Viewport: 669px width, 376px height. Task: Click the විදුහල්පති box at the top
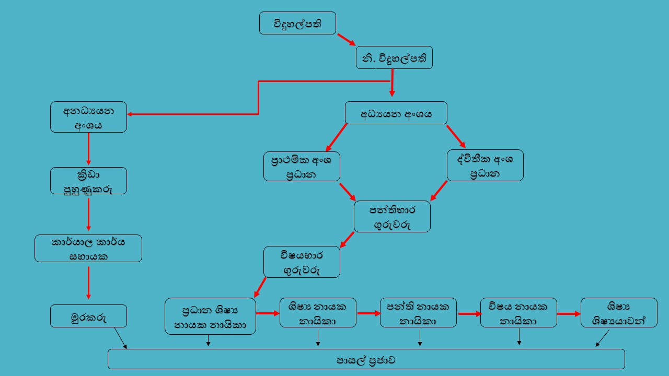point(297,23)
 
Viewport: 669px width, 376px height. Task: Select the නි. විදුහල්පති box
point(394,57)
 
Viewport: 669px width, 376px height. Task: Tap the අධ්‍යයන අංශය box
point(396,113)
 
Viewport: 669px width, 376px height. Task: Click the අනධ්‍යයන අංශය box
point(88,117)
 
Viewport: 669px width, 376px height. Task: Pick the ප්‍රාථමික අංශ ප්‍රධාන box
point(302,166)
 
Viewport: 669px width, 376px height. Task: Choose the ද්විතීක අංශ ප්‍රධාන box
point(485,166)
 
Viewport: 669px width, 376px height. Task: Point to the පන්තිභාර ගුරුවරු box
point(392,216)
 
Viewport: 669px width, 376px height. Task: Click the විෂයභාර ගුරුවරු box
point(302,262)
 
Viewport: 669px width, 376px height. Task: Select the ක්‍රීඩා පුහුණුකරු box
point(88,181)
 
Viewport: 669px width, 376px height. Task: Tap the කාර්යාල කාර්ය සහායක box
point(88,248)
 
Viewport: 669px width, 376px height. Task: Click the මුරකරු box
point(88,316)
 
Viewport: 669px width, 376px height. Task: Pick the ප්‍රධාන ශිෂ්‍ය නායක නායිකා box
point(210,316)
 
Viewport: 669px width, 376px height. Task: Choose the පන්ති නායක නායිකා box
point(418,313)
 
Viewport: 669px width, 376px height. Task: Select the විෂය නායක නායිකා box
point(518,313)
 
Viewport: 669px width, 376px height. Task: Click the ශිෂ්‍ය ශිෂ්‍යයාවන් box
point(619,313)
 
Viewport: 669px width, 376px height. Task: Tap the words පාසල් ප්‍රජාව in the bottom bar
point(366,360)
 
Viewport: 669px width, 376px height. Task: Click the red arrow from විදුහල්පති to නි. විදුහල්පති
point(346,40)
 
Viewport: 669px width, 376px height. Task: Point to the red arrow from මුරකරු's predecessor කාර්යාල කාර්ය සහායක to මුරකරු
point(88,283)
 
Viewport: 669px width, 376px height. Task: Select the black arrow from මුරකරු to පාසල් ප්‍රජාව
point(120,338)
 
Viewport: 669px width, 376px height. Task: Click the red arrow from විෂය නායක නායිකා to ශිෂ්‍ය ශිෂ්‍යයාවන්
point(569,314)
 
